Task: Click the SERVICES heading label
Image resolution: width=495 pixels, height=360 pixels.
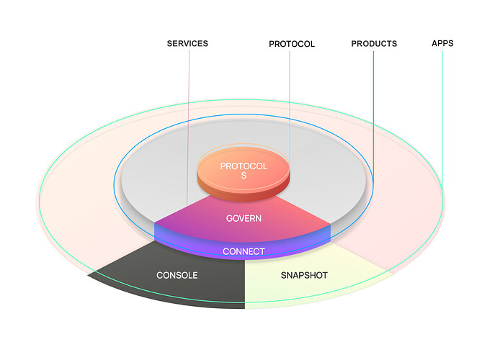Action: click(x=187, y=43)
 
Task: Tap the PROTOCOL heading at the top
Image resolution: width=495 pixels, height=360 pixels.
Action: click(x=292, y=44)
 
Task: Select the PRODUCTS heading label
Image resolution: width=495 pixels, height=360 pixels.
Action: click(x=374, y=43)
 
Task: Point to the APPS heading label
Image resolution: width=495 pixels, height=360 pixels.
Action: click(x=442, y=43)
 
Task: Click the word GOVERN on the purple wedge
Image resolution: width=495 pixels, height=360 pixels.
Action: click(x=244, y=218)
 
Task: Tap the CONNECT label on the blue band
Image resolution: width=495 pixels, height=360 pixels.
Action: click(x=244, y=251)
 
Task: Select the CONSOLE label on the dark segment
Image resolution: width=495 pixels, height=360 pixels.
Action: click(x=177, y=275)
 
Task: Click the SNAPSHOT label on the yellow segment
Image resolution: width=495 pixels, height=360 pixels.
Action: click(x=303, y=275)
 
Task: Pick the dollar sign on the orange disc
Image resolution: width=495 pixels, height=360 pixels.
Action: click(x=244, y=176)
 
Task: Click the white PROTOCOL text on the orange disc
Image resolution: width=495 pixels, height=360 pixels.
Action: click(x=244, y=166)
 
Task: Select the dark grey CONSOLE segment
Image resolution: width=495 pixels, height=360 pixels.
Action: click(x=144, y=277)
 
